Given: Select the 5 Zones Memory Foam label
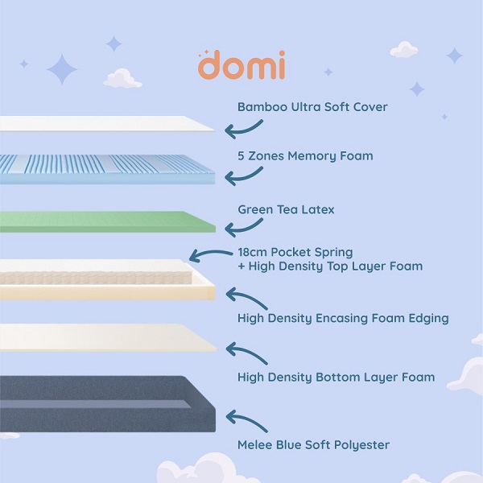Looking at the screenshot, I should pos(305,155).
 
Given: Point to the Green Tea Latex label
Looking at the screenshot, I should pos(286,209).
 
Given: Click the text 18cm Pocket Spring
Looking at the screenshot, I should pos(295,252).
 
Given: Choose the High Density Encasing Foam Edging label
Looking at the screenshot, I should pos(343,318).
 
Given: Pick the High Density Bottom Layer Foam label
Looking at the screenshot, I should pos(336,377).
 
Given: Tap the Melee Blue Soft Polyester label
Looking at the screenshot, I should pos(313,444).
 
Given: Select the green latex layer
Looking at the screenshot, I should pos(105,221).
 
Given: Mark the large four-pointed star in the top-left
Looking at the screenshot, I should pos(61,69).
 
